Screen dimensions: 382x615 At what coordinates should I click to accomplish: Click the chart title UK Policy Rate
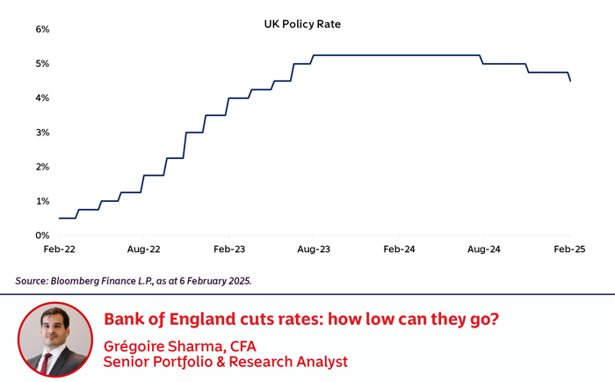(x=302, y=25)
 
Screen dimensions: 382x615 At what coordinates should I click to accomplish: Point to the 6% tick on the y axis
(x=42, y=29)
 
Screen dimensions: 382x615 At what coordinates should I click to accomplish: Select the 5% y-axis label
(x=42, y=64)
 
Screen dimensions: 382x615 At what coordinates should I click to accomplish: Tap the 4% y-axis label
(x=42, y=98)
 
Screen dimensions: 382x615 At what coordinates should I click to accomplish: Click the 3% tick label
(x=42, y=133)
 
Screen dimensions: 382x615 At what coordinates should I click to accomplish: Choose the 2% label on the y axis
(x=42, y=167)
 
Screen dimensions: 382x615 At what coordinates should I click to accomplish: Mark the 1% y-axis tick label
(x=42, y=201)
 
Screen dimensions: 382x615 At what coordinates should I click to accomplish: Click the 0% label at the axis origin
(x=42, y=235)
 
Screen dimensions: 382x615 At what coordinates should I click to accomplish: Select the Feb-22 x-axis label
(x=59, y=249)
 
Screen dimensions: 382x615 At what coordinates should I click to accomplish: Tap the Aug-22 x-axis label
(x=143, y=249)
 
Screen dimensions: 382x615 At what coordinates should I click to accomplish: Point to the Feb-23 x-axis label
(x=228, y=249)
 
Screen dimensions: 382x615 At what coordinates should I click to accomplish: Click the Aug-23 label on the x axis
(x=314, y=249)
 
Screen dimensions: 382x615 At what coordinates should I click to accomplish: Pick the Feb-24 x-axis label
(x=399, y=249)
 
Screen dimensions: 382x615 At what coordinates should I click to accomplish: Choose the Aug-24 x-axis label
(x=484, y=249)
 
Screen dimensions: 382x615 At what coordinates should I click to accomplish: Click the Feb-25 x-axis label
(x=568, y=249)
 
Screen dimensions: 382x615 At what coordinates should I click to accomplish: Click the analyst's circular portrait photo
(x=54, y=340)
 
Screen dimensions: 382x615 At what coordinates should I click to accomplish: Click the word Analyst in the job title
(x=316, y=361)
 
